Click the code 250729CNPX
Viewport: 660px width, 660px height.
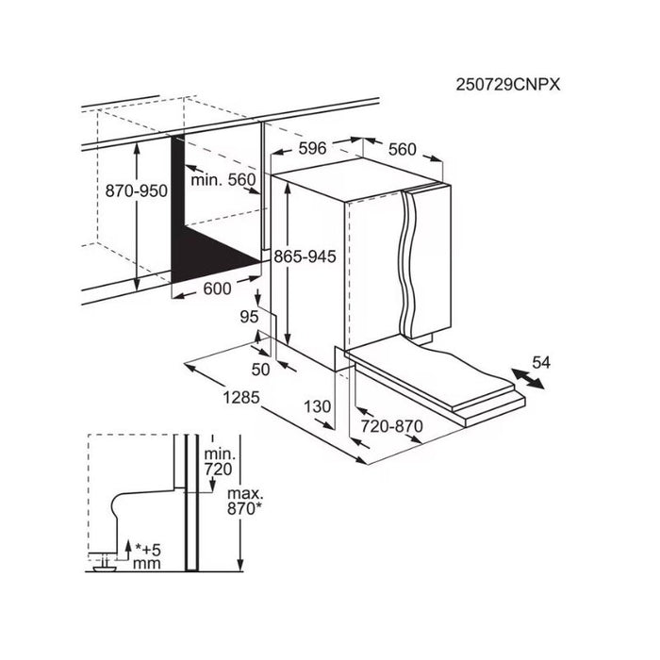coord(508,85)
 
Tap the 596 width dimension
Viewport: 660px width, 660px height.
coord(312,148)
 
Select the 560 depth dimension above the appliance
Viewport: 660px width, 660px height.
coord(402,149)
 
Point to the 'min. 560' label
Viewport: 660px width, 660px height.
coord(223,180)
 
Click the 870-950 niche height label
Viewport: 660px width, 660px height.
coord(137,190)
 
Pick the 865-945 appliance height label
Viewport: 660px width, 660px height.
coord(305,256)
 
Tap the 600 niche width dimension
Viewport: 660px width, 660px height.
coord(217,289)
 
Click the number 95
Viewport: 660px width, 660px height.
coord(249,317)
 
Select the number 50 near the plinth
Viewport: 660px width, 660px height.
coord(260,370)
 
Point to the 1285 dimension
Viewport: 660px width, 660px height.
coord(241,397)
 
